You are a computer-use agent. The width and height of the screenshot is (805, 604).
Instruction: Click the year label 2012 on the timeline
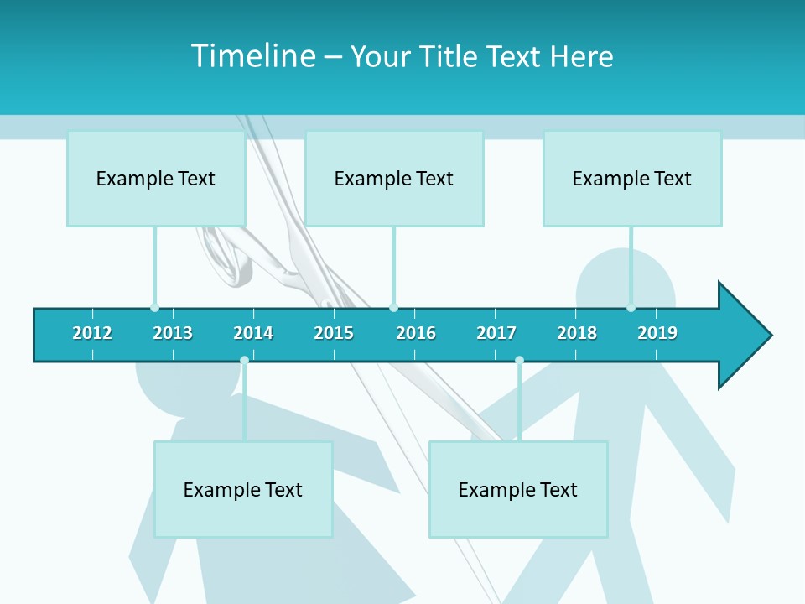(x=92, y=333)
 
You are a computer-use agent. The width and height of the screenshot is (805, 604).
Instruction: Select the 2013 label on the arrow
(x=173, y=333)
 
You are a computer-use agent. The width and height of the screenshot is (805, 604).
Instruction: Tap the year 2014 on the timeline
(x=253, y=333)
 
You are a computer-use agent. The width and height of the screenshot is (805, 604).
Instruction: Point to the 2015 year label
(x=334, y=333)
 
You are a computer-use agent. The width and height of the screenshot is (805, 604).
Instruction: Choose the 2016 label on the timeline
(x=416, y=333)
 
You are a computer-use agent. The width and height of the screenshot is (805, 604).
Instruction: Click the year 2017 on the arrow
(x=496, y=333)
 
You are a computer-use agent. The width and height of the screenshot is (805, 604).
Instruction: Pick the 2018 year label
(x=577, y=333)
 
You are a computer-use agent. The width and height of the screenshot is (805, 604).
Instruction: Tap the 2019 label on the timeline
(x=657, y=333)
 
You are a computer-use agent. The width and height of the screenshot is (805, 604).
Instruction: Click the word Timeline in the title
(x=252, y=56)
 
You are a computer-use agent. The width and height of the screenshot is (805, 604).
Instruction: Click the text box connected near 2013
(x=156, y=178)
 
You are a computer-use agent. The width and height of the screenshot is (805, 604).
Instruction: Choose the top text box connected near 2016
(x=394, y=178)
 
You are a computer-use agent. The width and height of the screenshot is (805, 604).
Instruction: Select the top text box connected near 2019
(x=632, y=178)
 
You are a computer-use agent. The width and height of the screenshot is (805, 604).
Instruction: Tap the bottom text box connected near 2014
(x=243, y=489)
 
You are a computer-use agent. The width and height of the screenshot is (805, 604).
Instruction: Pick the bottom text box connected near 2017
(x=518, y=489)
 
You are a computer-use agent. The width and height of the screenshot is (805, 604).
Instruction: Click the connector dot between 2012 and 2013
(x=154, y=307)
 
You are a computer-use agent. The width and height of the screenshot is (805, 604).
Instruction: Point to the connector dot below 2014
(x=244, y=361)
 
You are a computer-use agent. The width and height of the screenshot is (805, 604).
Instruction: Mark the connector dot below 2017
(x=519, y=361)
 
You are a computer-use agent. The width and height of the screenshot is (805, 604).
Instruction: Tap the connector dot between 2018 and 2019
(x=631, y=307)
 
